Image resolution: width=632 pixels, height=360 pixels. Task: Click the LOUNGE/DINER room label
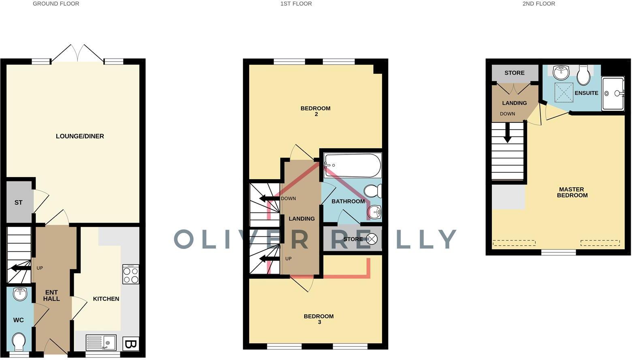click(80, 136)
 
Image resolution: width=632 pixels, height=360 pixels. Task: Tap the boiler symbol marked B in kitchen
click(130, 344)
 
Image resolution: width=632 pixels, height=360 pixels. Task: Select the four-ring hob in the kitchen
click(130, 274)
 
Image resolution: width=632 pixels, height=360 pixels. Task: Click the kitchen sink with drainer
click(101, 343)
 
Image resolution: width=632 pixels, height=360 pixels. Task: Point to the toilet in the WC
click(19, 342)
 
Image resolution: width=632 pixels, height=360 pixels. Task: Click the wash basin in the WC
click(20, 294)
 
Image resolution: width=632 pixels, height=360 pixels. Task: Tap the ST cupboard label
click(18, 202)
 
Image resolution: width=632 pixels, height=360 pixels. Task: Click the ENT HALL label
click(51, 296)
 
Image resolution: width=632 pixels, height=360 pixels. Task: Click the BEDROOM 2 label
click(315, 111)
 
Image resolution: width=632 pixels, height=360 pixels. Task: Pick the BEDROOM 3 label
click(319, 319)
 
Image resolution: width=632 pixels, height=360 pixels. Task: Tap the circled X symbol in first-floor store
click(371, 239)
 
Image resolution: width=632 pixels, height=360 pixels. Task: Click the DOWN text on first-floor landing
click(288, 199)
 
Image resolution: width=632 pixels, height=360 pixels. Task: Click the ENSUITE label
click(586, 93)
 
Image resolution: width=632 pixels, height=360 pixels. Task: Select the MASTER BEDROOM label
click(572, 192)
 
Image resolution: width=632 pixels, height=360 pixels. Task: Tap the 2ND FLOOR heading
click(538, 4)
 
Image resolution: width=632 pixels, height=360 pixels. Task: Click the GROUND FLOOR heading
click(56, 4)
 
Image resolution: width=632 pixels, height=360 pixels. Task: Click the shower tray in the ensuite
click(613, 94)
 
